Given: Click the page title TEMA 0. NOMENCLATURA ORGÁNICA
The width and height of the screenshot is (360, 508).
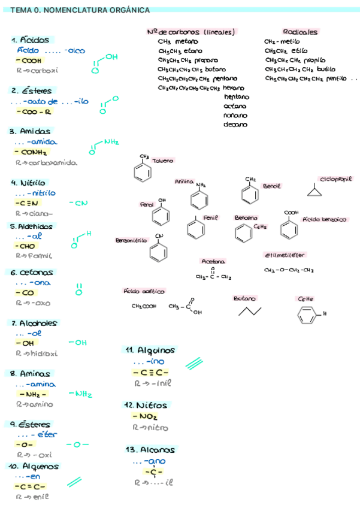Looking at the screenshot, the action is click(x=80, y=10).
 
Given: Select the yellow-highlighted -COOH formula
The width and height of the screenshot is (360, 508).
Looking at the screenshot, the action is click(x=29, y=61).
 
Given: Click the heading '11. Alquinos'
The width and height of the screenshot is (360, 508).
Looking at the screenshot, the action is click(x=150, y=350).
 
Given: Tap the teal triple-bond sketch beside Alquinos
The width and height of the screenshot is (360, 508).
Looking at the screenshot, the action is click(x=194, y=362).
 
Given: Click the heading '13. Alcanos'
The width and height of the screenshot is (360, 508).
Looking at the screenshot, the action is click(x=150, y=449).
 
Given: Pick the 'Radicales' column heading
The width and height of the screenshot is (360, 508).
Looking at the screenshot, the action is click(x=300, y=32).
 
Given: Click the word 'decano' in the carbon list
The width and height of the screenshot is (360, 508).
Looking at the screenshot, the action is click(x=235, y=125).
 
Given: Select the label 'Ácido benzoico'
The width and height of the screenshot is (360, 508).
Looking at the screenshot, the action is click(x=325, y=220).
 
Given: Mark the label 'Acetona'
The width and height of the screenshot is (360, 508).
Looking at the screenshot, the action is click(x=213, y=262).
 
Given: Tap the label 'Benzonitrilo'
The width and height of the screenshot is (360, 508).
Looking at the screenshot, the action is click(x=131, y=240).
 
